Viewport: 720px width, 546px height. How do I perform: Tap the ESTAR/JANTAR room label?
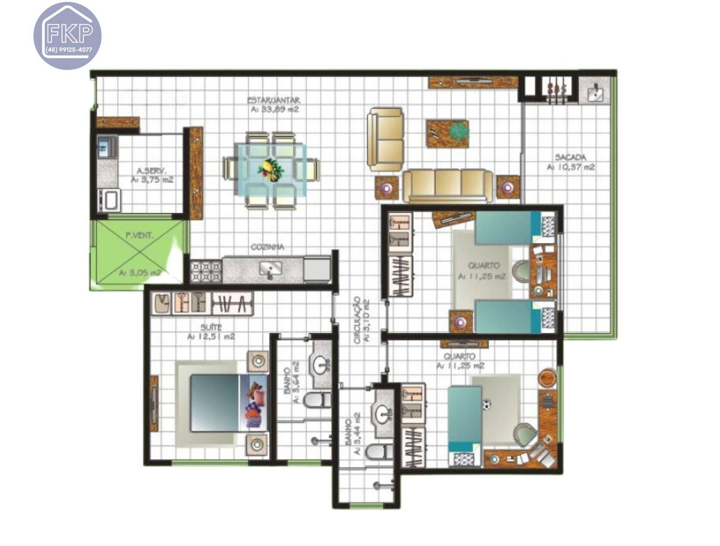click(274, 100)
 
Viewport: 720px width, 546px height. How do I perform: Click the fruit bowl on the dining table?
click(270, 170)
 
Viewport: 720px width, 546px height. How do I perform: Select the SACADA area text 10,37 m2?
click(570, 167)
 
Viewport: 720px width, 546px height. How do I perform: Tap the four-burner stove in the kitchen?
click(206, 271)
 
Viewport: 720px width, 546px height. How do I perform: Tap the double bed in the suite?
click(223, 403)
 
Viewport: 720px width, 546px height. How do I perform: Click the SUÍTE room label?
click(211, 327)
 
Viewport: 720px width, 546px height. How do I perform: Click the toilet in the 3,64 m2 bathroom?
click(317, 401)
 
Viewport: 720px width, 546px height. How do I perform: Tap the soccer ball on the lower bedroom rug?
click(486, 405)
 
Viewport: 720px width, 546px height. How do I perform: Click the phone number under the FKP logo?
click(69, 50)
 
